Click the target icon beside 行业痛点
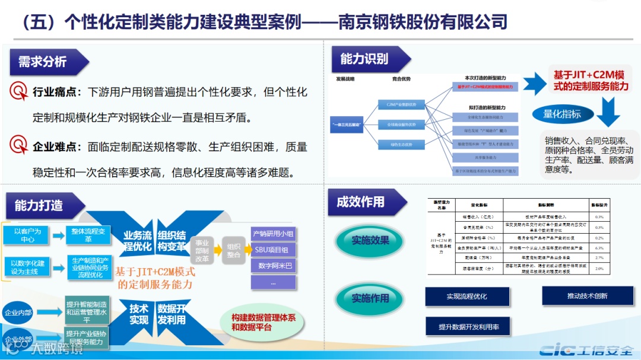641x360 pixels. coord(19,91)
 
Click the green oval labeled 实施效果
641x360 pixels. coord(370,240)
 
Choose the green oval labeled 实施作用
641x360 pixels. coord(370,298)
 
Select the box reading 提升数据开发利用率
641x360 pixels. coord(468,327)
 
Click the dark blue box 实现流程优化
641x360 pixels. coord(467,296)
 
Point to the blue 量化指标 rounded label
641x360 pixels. coord(562,114)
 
